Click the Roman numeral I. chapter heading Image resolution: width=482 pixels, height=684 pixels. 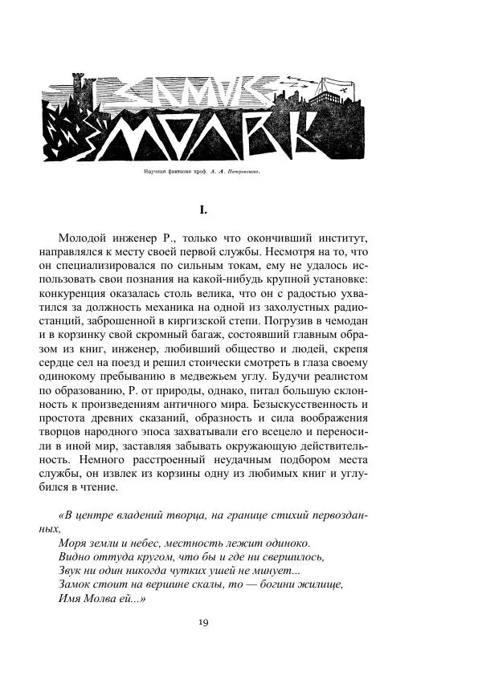(x=203, y=210)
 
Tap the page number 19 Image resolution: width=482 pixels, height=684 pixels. (x=203, y=622)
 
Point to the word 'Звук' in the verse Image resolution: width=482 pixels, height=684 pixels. (x=71, y=571)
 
